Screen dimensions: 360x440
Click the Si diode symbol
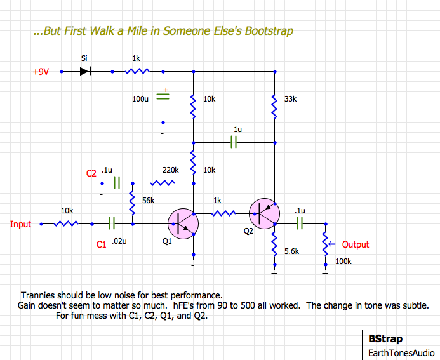85,71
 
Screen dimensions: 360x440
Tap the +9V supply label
41,72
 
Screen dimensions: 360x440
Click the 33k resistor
275,107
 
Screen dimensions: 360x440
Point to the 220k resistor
163,183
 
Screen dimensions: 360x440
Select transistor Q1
183,223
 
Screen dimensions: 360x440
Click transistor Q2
265,213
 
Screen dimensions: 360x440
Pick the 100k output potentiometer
326,244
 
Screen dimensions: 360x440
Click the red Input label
21,224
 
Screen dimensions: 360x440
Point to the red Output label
355,244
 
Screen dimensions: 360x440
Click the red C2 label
91,173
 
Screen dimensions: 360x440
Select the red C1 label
102,243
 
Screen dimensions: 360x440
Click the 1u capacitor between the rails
234,142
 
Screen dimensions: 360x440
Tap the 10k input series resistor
67,223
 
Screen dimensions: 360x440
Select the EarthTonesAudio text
401,353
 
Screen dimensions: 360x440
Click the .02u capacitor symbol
112,223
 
